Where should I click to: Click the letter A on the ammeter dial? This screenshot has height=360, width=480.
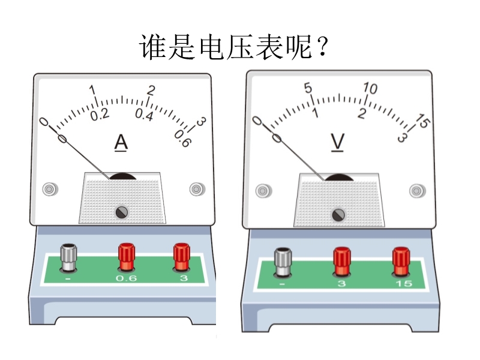click(121, 143)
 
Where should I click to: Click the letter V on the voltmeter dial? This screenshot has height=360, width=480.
click(337, 142)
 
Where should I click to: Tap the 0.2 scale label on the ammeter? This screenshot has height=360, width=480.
click(100, 115)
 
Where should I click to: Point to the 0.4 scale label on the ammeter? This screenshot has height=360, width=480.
click(144, 115)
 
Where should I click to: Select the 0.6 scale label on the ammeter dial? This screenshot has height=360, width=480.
click(183, 139)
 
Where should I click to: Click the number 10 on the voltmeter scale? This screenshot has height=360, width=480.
click(370, 88)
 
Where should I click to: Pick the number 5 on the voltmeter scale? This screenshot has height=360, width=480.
click(308, 88)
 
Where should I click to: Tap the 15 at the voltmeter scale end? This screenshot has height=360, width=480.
click(424, 121)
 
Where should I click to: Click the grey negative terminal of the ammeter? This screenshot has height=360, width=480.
click(68, 257)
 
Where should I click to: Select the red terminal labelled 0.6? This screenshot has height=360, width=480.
click(127, 257)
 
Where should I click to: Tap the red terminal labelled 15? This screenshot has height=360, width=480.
click(401, 262)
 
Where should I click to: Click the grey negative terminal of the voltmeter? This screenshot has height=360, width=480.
click(283, 262)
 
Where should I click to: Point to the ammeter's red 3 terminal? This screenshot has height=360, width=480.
click(182, 257)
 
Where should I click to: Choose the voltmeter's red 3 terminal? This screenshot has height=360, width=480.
click(342, 262)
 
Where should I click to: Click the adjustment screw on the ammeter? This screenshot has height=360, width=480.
click(122, 212)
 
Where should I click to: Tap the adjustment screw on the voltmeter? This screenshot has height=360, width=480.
click(338, 215)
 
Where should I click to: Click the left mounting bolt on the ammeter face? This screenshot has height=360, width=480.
click(50, 189)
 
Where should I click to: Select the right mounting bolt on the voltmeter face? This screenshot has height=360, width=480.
click(417, 191)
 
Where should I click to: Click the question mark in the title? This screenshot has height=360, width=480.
click(323, 47)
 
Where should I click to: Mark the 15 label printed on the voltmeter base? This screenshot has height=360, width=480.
click(404, 284)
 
